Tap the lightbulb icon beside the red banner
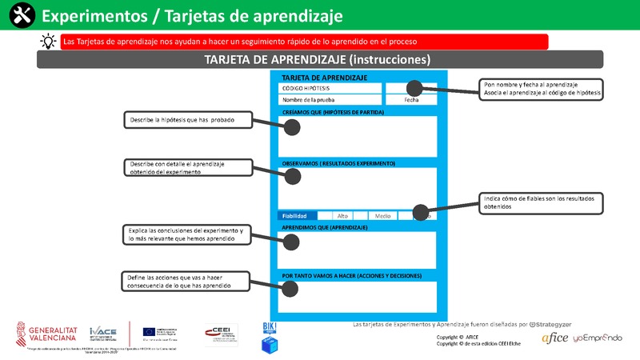[48, 42]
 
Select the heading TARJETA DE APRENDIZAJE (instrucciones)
[318, 60]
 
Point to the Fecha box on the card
[411, 100]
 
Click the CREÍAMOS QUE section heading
[334, 112]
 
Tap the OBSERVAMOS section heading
[339, 163]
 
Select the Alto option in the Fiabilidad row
[342, 216]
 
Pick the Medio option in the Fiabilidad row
[382, 216]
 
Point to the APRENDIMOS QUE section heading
[325, 228]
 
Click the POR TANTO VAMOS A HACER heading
[352, 275]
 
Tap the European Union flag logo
[150, 331]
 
